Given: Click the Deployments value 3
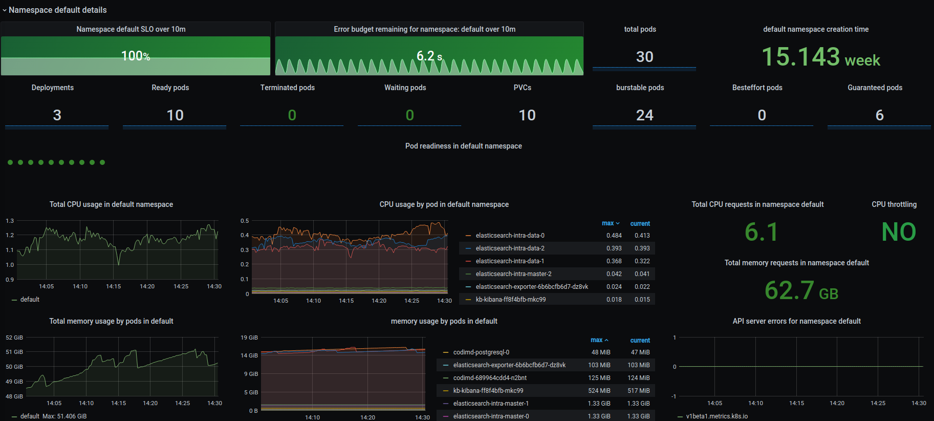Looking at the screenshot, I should (57, 115).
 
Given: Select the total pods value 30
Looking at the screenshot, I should (644, 57).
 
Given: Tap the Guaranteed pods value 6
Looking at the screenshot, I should (879, 115).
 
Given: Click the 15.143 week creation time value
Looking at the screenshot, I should (820, 57).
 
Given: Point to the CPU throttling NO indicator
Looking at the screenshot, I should (899, 232).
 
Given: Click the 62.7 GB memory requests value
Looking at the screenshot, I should (801, 290).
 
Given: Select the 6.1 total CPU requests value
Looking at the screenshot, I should (761, 232).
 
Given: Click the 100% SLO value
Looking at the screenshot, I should (136, 56).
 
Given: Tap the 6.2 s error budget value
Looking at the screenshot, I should (429, 56).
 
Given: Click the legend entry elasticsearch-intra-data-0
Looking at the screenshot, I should (510, 236).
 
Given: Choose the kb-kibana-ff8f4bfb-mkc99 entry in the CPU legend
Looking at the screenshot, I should (510, 300).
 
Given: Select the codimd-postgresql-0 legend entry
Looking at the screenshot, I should (481, 352).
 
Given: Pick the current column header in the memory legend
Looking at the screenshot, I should (640, 341).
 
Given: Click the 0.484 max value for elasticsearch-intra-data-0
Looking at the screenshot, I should (614, 236).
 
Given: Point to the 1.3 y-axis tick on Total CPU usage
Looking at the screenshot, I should (10, 221).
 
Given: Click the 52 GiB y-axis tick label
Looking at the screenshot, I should (14, 338).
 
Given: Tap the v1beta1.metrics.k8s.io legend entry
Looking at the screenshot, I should (716, 416).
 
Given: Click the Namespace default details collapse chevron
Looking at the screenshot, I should (5, 10).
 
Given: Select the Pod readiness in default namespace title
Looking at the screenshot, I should (463, 146).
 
